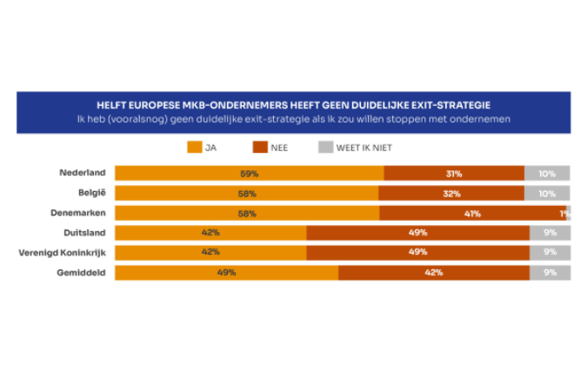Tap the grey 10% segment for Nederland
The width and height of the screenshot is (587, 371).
[547, 174]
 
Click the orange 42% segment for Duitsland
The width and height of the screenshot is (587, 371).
[210, 233]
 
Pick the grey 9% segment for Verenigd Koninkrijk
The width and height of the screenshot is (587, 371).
[550, 253]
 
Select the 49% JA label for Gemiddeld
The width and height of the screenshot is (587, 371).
[226, 273]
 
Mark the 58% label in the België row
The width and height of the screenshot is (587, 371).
[249, 194]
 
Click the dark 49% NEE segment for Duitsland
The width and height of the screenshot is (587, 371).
[417, 233]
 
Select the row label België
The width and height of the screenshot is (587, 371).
[90, 193]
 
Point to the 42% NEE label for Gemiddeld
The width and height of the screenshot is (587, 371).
[433, 273]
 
